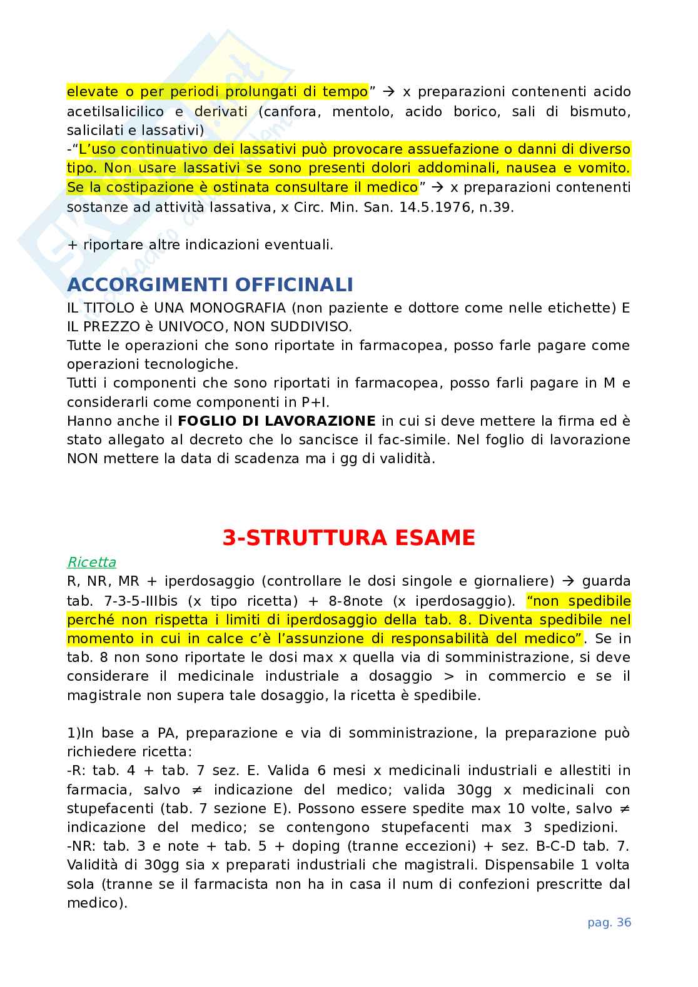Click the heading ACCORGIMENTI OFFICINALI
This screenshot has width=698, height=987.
click(x=210, y=285)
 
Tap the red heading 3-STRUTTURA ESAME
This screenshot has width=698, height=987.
click(x=349, y=538)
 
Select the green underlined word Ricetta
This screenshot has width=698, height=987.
click(x=91, y=563)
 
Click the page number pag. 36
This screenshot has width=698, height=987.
click(x=609, y=923)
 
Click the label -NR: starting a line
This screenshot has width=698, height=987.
click(x=81, y=846)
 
